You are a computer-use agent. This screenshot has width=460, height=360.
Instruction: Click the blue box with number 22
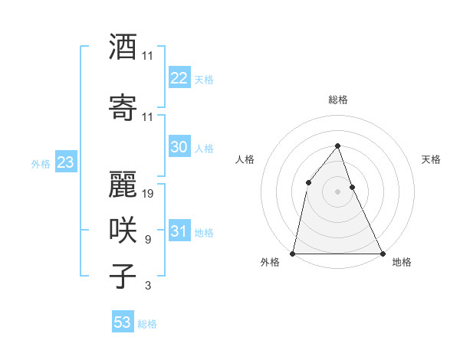point(179,78)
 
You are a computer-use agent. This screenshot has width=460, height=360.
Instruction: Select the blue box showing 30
point(179,147)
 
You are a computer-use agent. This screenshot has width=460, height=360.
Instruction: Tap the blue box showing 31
point(179,231)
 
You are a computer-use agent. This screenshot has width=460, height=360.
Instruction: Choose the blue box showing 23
point(65,162)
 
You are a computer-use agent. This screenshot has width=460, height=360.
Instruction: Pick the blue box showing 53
point(123,322)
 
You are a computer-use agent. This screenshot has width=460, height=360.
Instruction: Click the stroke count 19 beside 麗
point(148,194)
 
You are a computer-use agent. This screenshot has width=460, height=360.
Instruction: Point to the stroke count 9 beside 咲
point(147,240)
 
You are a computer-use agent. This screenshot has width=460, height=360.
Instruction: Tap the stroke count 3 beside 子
point(147,286)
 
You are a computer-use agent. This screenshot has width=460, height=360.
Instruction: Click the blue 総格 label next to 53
point(147,324)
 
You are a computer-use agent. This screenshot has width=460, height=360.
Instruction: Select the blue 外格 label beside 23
point(41,163)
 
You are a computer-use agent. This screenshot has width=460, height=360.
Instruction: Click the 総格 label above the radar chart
point(338,100)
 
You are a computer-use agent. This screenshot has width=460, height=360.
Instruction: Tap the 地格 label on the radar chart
point(402,263)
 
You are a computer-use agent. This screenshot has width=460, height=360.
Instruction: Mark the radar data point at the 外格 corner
point(293,253)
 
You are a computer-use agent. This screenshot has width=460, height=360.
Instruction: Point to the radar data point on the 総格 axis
point(337,146)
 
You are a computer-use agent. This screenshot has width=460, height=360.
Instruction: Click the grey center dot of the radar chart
point(337,191)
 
